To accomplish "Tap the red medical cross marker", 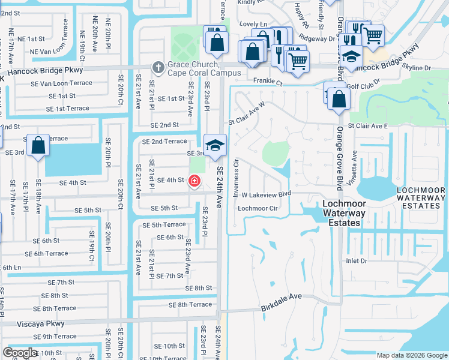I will click(x=194, y=181).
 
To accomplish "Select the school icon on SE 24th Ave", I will click(x=215, y=145).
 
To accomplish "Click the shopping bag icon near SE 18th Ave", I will click(x=38, y=146).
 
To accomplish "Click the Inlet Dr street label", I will click(x=373, y=261).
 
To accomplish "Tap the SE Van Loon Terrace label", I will click(x=61, y=83).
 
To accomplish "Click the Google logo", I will click(x=20, y=353).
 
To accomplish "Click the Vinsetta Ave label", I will click(x=354, y=163).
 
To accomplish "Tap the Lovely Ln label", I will click(x=253, y=24).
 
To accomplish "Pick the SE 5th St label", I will click(x=88, y=210).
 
